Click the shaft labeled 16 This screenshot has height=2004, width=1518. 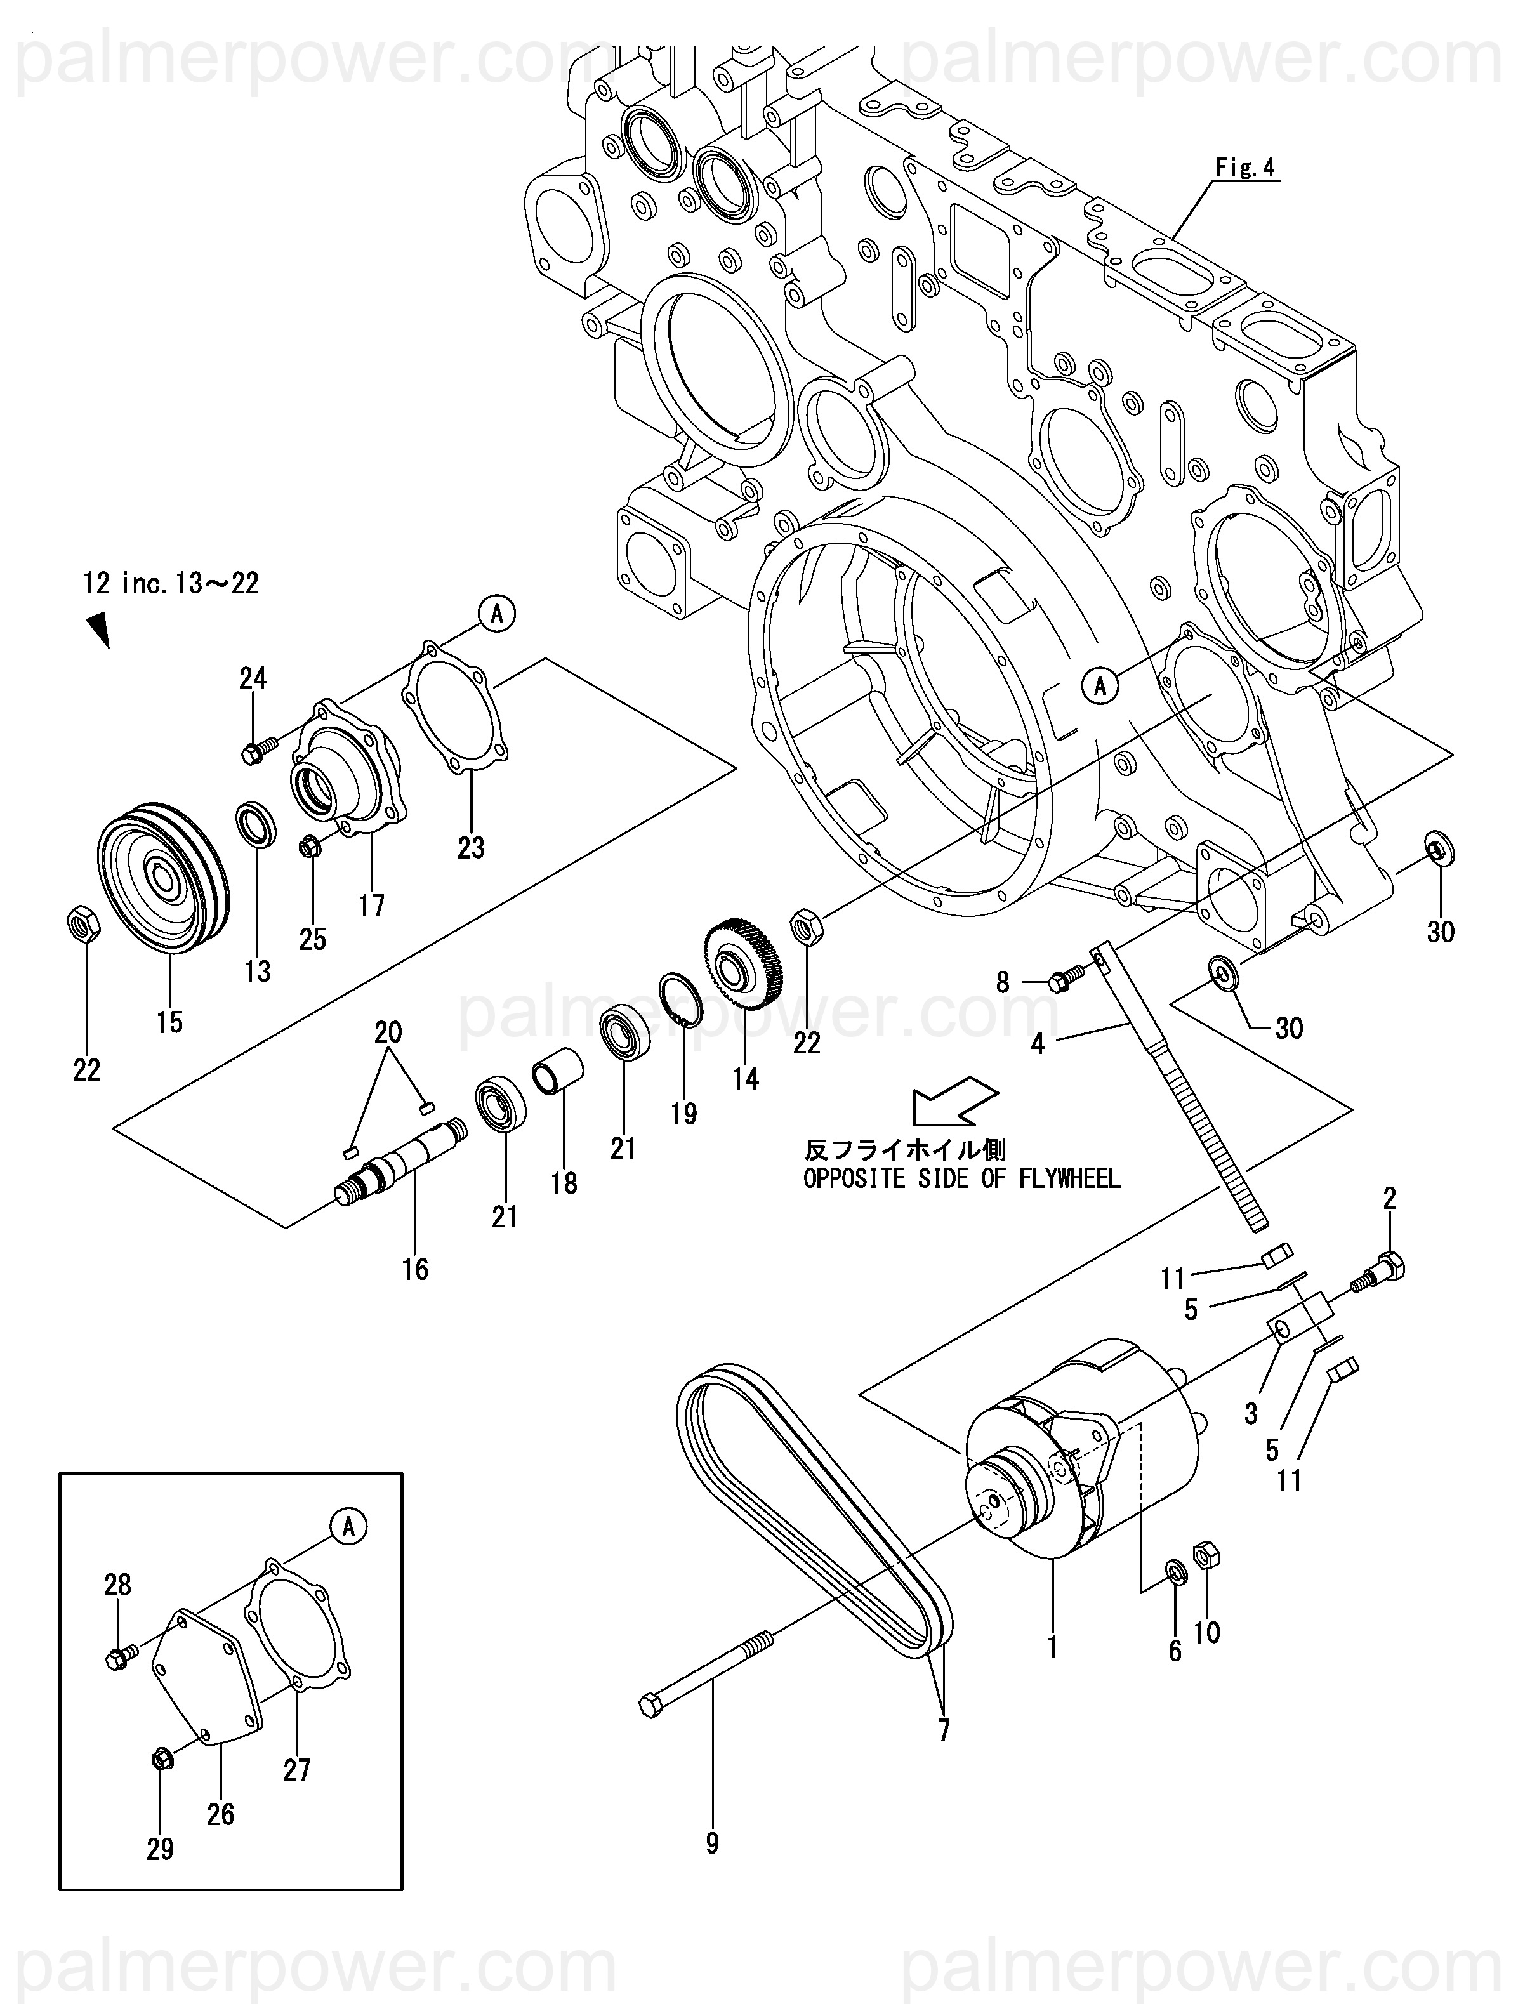coord(400,1163)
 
